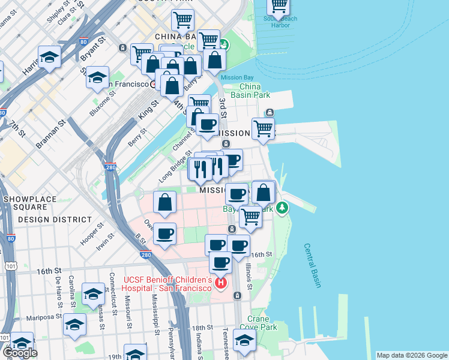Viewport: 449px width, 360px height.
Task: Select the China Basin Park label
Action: point(255,91)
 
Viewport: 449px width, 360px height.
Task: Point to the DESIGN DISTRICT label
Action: point(50,220)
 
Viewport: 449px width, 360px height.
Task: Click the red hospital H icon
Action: point(221,282)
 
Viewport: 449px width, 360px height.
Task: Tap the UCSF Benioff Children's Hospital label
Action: point(167,284)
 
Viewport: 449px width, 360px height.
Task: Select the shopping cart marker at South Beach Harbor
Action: point(279,5)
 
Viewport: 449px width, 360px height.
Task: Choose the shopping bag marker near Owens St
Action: point(164,203)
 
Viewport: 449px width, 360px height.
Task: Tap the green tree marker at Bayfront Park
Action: point(280,208)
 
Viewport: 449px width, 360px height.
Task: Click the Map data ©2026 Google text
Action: point(411,355)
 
